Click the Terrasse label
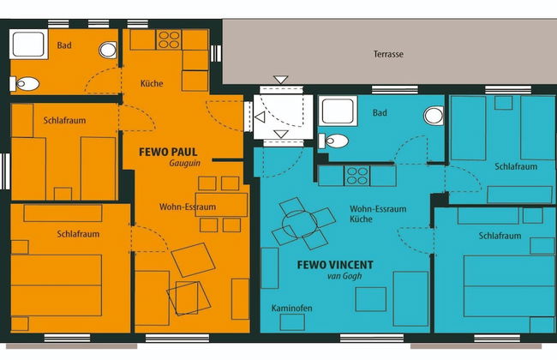[388, 54]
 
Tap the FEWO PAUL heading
[168, 152]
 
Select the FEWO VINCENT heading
[335, 265]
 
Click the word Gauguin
[185, 163]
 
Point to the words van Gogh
[344, 276]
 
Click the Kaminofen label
[291, 308]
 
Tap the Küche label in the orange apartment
[152, 83]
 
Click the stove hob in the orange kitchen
[169, 39]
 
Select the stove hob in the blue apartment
[357, 176]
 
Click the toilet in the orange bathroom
[24, 84]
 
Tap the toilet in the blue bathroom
[333, 141]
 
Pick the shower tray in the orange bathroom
[28, 44]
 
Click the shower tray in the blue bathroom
[338, 111]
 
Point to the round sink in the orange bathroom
[108, 50]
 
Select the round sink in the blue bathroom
[434, 116]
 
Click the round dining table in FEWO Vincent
[299, 224]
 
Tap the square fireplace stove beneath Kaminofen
[292, 322]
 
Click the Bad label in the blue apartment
[380, 113]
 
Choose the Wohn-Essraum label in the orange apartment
[188, 207]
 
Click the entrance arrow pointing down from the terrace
[280, 80]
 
